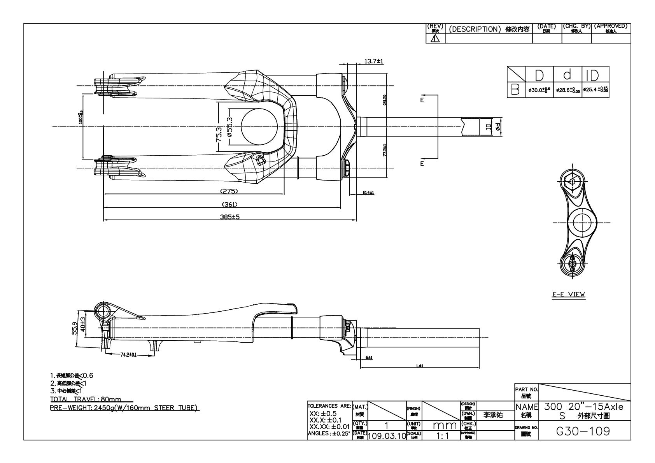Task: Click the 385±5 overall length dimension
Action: (229, 217)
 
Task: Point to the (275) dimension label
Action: (229, 191)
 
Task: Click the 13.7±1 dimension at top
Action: (374, 61)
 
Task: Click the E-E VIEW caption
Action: (569, 294)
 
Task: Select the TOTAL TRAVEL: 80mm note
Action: (86, 399)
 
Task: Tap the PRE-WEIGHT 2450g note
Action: (125, 407)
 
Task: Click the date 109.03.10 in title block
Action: (386, 435)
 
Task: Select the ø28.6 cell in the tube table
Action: (567, 90)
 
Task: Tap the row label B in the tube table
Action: (515, 90)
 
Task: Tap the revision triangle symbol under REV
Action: (436, 39)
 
